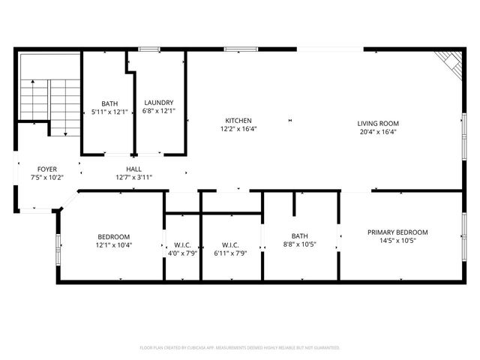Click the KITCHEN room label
[x=238, y=121]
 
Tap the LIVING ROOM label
[x=377, y=124]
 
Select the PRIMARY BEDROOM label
[x=397, y=232]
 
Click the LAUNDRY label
[x=158, y=103]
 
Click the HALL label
[x=134, y=169]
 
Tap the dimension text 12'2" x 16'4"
[x=238, y=129]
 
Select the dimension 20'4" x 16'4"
[x=377, y=132]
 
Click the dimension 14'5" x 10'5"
[x=397, y=241]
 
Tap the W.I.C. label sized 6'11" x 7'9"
[x=230, y=245]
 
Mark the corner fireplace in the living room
[x=450, y=63]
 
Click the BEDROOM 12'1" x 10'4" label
[x=112, y=237]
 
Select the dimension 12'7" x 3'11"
[x=134, y=178]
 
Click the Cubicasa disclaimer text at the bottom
[x=240, y=348]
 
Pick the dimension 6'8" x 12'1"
[x=158, y=111]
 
